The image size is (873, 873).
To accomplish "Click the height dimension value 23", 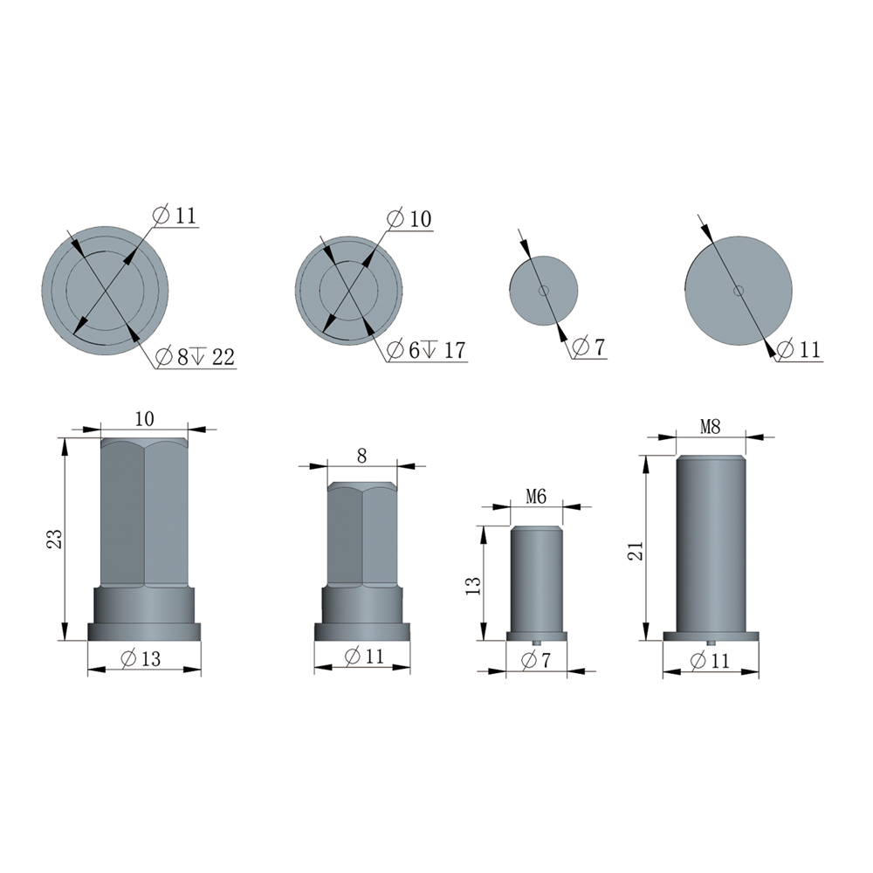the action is click(x=54, y=539).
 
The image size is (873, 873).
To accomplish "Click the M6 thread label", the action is click(x=536, y=496).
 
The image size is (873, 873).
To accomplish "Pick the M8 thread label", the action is click(x=710, y=427).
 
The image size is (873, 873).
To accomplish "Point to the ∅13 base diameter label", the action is click(x=141, y=658).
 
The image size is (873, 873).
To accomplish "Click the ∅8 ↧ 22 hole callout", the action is click(x=195, y=356).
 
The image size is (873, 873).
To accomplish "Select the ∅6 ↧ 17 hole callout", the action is click(x=426, y=350).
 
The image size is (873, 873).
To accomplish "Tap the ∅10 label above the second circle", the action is click(x=409, y=219).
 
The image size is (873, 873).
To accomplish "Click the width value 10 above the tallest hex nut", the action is click(x=144, y=419).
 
